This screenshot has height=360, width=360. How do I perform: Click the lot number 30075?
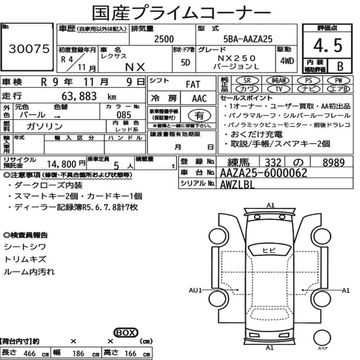tap(29, 49)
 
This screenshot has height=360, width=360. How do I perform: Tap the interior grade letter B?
tap(340, 66)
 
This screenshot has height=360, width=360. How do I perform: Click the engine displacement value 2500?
tap(164, 39)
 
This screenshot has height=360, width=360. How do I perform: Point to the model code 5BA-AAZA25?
tap(248, 39)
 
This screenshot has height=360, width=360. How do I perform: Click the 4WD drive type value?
tap(287, 61)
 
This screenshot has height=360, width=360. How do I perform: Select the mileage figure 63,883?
tap(79, 96)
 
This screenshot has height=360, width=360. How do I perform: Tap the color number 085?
tap(124, 115)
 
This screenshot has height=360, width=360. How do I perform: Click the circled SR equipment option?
tap(247, 81)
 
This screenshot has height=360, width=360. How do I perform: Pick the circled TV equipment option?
tap(279, 89)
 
